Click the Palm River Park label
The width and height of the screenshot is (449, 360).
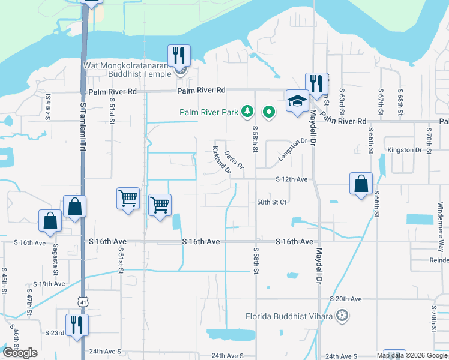coord(208,112)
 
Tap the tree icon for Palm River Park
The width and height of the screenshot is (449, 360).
coord(247,111)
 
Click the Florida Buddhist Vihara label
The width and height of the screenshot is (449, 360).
coord(289,316)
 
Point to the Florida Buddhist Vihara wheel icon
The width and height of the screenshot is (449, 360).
coord(342,315)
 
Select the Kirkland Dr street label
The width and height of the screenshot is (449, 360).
coord(221,159)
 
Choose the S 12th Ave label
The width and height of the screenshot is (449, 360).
coord(292,179)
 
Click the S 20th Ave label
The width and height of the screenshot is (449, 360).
coord(346,299)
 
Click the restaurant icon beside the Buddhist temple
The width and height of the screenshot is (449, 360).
coord(179,56)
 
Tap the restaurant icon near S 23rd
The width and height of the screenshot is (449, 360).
coord(77,325)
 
